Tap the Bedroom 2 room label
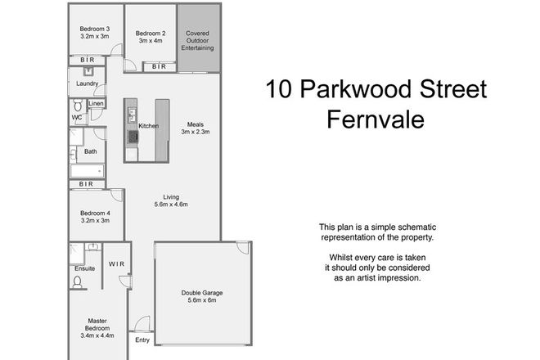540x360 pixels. point(151,34)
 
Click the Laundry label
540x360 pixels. point(88,84)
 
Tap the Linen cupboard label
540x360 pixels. point(96,105)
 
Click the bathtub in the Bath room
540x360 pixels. point(86,170)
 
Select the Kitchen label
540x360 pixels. point(148,126)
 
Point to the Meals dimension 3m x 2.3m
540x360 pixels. point(196,133)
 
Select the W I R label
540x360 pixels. point(116,263)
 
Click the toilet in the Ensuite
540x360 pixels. point(78,281)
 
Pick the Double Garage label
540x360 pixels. point(202,293)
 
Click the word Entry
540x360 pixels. point(143,340)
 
